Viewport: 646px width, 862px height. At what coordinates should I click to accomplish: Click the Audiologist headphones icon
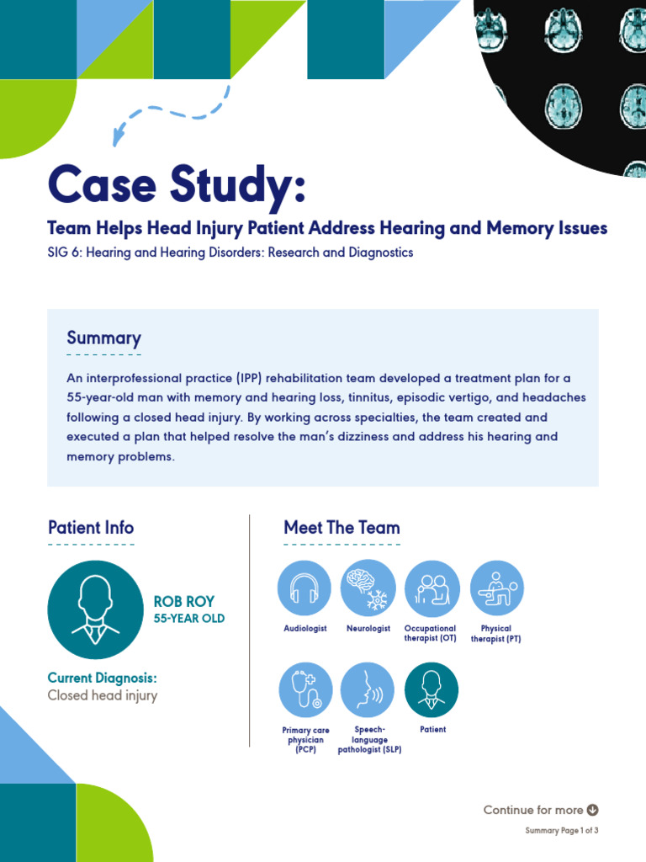pos(304,588)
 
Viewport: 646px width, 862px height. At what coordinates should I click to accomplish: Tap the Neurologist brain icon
pos(368,588)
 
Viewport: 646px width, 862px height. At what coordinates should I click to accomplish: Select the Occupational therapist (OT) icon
pos(432,588)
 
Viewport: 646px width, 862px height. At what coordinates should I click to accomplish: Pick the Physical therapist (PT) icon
pos(496,588)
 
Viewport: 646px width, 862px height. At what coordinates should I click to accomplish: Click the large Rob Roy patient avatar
pos(96,609)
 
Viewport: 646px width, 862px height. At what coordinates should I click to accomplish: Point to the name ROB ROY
pos(183,602)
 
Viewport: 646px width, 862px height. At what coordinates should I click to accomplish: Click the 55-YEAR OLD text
pos(188,619)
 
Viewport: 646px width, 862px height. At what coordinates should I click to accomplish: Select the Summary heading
pos(103,338)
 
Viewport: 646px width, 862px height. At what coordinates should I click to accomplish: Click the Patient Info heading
pos(91,528)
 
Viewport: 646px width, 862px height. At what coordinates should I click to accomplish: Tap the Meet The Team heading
pos(342,528)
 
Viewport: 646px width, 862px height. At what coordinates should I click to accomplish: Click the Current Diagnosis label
pos(102,678)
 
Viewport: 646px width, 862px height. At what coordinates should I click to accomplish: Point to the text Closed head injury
pos(102,695)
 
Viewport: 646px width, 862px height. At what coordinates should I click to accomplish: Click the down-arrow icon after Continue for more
pos(592,810)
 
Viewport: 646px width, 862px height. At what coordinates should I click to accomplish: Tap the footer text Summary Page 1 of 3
pos(561,831)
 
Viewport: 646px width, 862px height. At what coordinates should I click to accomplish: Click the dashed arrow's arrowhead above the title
pos(119,137)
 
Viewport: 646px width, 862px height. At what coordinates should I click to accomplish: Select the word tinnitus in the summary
pos(375,397)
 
